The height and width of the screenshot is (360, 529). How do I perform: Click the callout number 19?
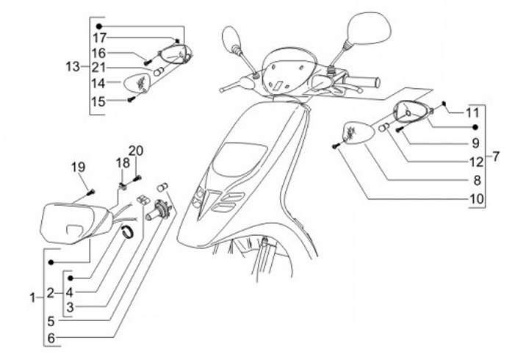(x=78, y=168)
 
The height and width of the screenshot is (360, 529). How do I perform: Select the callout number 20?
(x=136, y=150)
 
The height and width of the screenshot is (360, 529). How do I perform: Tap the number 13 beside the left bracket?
(x=72, y=67)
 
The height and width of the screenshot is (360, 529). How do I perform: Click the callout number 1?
(x=32, y=298)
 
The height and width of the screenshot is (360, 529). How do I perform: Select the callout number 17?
(x=98, y=37)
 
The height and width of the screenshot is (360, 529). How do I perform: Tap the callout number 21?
(x=98, y=68)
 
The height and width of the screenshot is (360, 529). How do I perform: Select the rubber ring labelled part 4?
(x=129, y=233)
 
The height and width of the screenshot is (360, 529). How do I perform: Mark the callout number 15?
(x=98, y=101)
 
